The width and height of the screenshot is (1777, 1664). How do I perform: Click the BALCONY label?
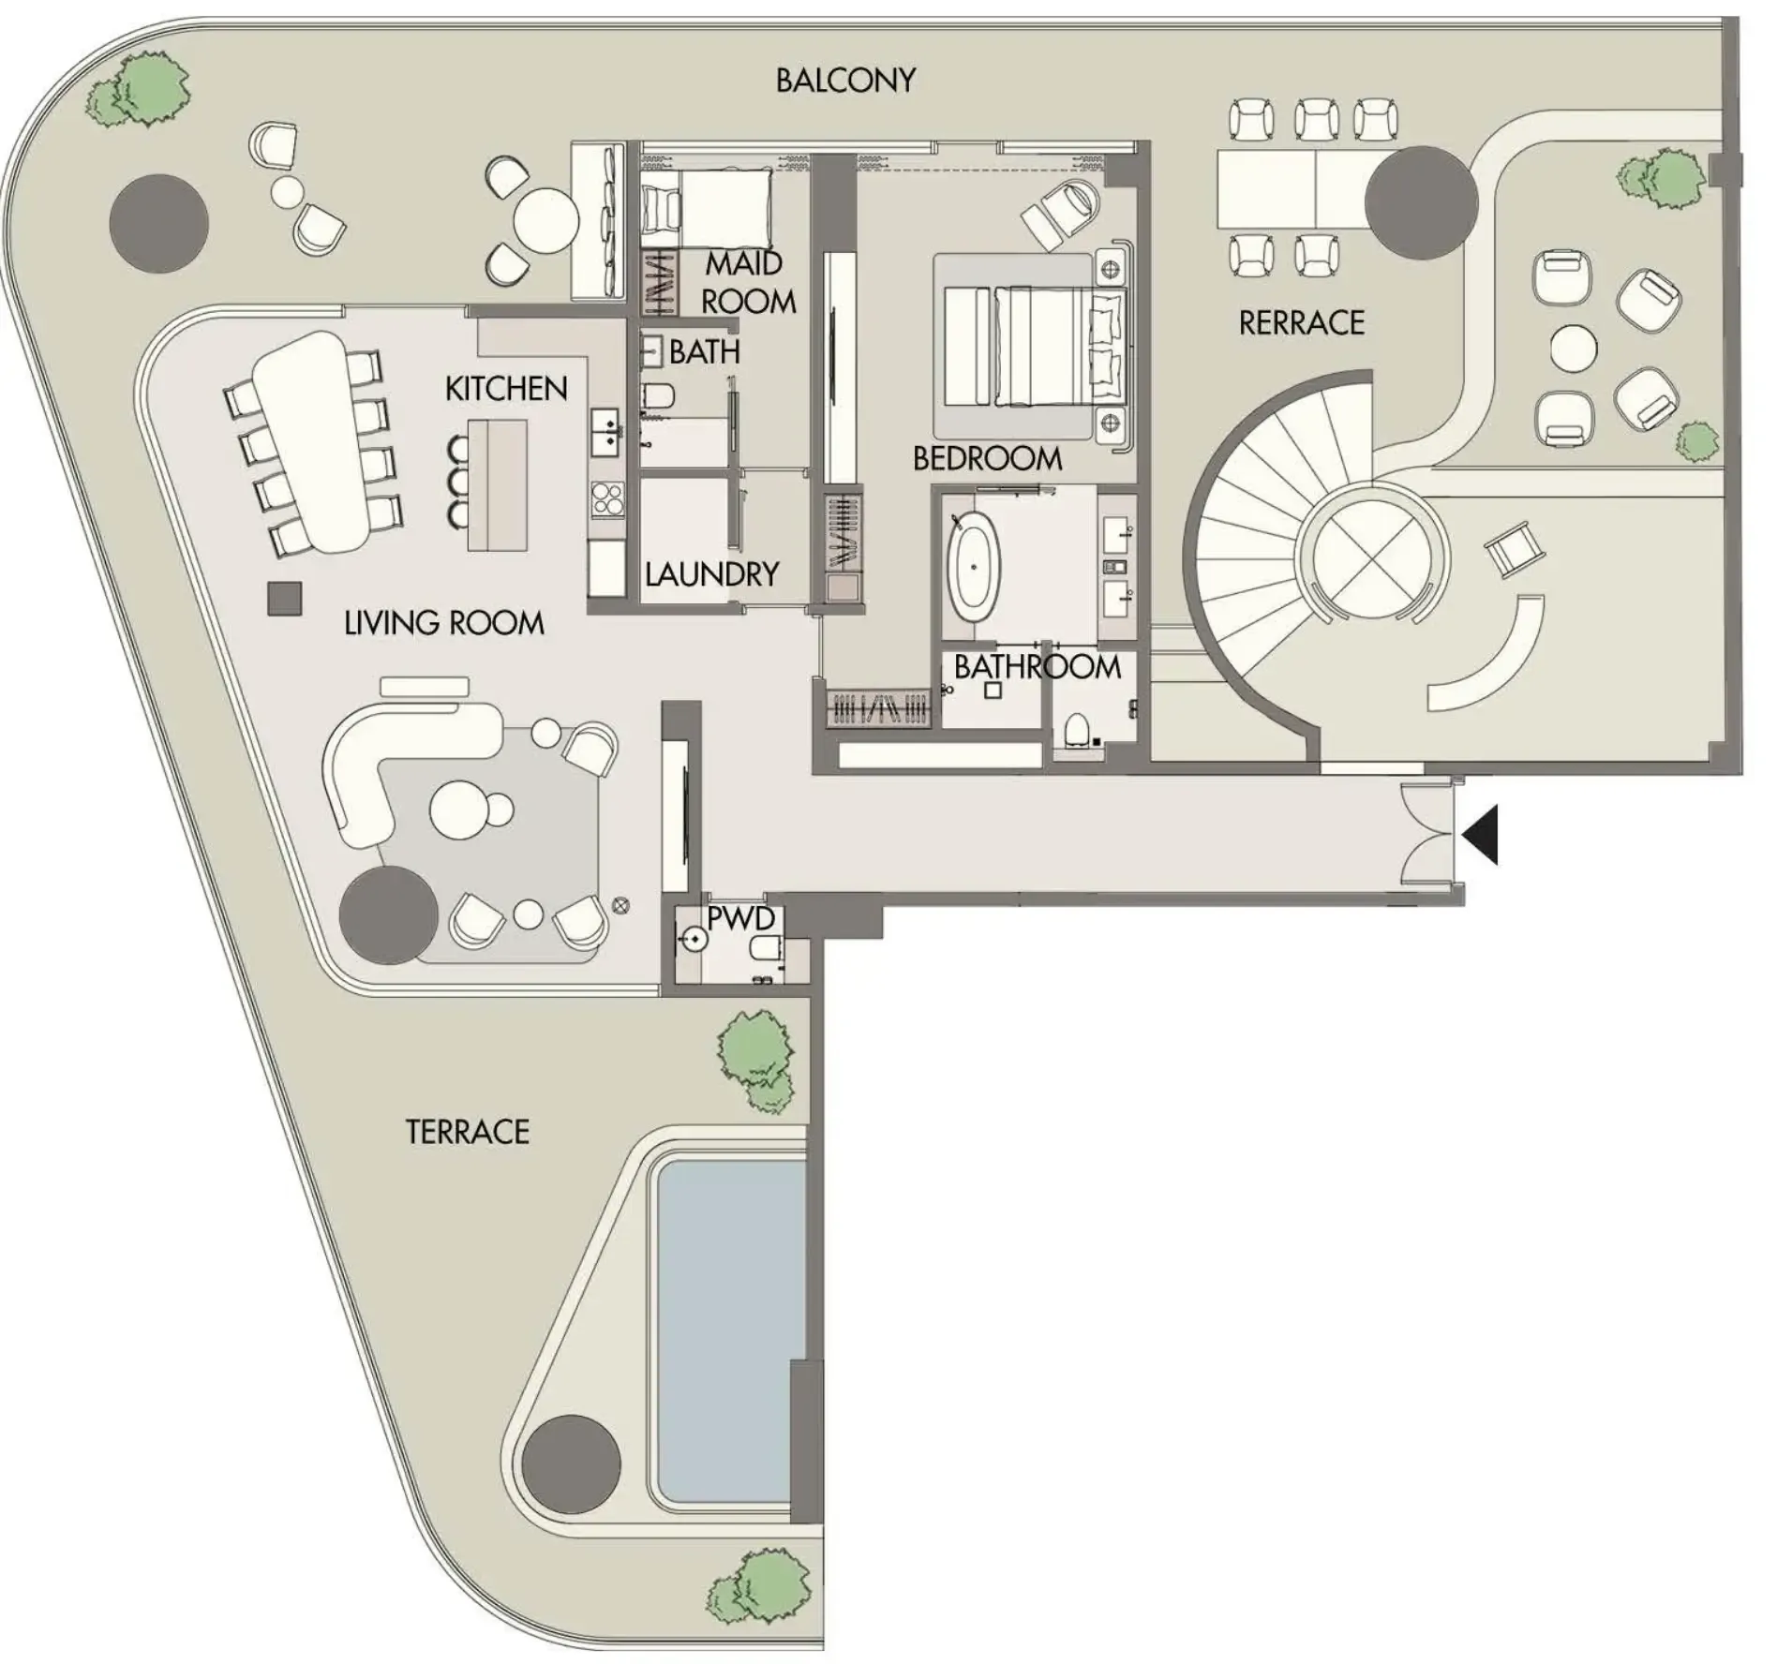pyautogui.click(x=844, y=81)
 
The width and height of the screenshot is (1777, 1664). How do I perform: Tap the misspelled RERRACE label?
pyautogui.click(x=1301, y=323)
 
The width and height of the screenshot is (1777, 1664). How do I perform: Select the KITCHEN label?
pyautogui.click(x=506, y=389)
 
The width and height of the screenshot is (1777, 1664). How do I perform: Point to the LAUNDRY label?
pyautogui.click(x=711, y=573)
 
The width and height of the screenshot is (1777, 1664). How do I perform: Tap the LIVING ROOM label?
pyautogui.click(x=443, y=623)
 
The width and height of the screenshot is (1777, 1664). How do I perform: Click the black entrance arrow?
pyautogui.click(x=1481, y=834)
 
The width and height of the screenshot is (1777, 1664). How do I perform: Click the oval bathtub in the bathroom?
pyautogui.click(x=974, y=567)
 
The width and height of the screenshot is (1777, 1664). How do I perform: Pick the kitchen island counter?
pyautogui.click(x=498, y=484)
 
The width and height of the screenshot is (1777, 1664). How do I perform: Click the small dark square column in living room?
pyautogui.click(x=285, y=599)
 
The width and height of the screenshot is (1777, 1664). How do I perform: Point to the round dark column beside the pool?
pyautogui.click(x=571, y=1463)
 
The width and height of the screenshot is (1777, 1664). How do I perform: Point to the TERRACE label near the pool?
pyautogui.click(x=467, y=1132)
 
